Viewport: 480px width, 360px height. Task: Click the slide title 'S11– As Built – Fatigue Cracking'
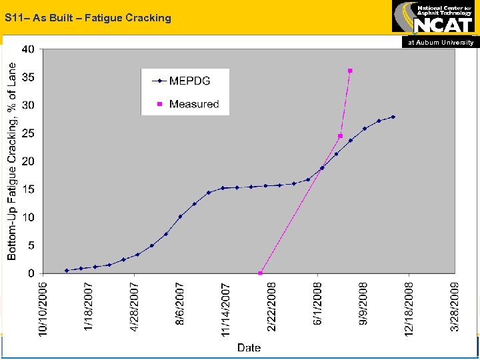tap(87, 18)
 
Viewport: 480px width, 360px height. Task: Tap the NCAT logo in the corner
tap(435, 18)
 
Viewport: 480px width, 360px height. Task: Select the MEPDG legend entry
tap(189, 81)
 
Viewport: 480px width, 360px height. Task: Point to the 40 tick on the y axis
tap(29, 49)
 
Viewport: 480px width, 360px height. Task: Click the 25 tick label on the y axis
tap(29, 133)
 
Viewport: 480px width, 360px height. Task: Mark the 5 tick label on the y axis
tap(31, 245)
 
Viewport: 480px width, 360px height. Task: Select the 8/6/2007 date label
tap(180, 304)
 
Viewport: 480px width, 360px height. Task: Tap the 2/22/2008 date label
tap(271, 306)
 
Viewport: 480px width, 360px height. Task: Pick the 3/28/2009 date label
tap(454, 306)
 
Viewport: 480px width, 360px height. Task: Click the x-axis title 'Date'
tap(249, 347)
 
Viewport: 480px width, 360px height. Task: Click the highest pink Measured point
tap(350, 71)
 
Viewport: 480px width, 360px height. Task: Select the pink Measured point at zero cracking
tap(260, 273)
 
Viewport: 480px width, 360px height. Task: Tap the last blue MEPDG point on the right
tap(393, 117)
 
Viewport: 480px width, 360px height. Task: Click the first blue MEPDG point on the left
tap(67, 271)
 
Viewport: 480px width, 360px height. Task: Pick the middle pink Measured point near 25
tap(340, 136)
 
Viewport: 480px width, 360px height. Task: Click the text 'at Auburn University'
tap(441, 42)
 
